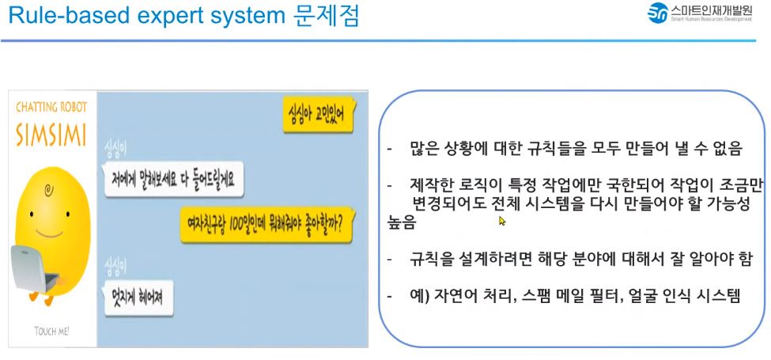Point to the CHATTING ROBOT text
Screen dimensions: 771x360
[51, 108]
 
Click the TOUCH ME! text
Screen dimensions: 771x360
[52, 330]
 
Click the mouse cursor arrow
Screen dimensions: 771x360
[502, 221]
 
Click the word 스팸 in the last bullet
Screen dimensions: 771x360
[534, 296]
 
